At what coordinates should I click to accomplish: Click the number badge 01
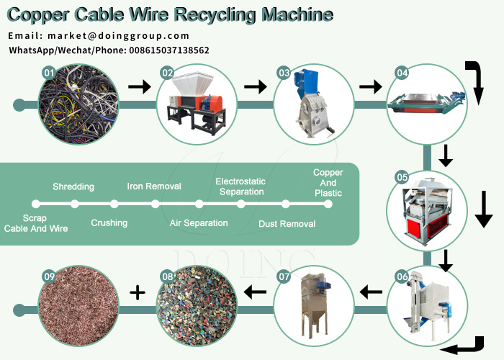[49, 73]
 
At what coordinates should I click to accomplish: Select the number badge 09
[49, 276]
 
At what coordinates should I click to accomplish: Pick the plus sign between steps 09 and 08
[138, 292]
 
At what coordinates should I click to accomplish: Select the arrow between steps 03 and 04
[370, 87]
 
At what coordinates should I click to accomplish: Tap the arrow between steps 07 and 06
[371, 292]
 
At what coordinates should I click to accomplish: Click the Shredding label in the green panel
[73, 187]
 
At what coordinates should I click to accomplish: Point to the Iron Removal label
[153, 187]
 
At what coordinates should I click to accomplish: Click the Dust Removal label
[287, 224]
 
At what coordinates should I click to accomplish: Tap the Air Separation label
[199, 223]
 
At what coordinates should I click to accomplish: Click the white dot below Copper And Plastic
[328, 204]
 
